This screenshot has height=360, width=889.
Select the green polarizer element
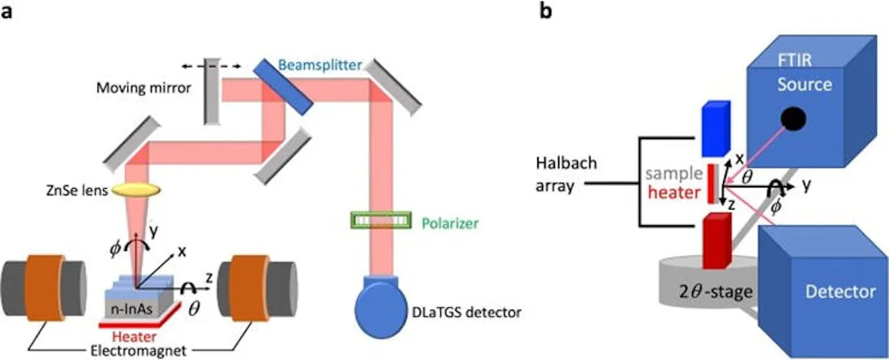tap(380, 220)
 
